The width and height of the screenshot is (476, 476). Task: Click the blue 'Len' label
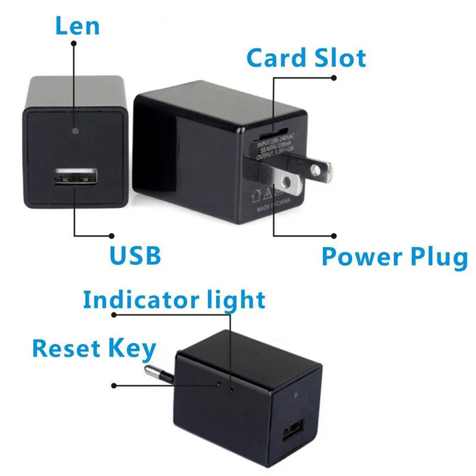[77, 26]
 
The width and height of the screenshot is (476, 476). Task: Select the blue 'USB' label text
[135, 255]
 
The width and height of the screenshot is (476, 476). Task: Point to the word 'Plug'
[438, 257]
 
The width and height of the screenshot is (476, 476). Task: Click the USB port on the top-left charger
[76, 178]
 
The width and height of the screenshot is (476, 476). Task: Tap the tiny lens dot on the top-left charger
[74, 129]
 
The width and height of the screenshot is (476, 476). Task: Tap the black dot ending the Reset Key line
[114, 385]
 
